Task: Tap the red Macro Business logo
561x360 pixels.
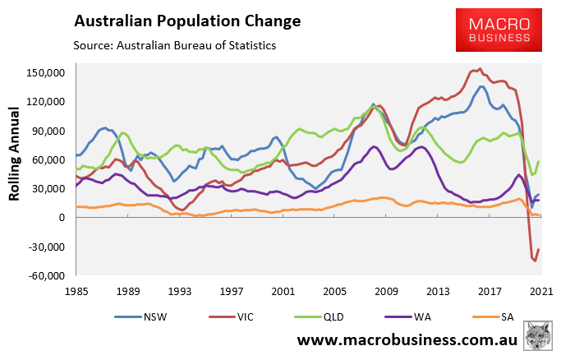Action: (x=499, y=30)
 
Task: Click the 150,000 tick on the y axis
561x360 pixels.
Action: (x=46, y=73)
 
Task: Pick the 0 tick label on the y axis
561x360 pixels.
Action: (x=62, y=218)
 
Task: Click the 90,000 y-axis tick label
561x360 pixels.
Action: (x=48, y=131)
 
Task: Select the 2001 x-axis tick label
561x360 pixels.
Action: (x=283, y=290)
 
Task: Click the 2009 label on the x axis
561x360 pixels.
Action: (x=386, y=290)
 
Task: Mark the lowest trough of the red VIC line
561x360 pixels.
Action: (x=535, y=261)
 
